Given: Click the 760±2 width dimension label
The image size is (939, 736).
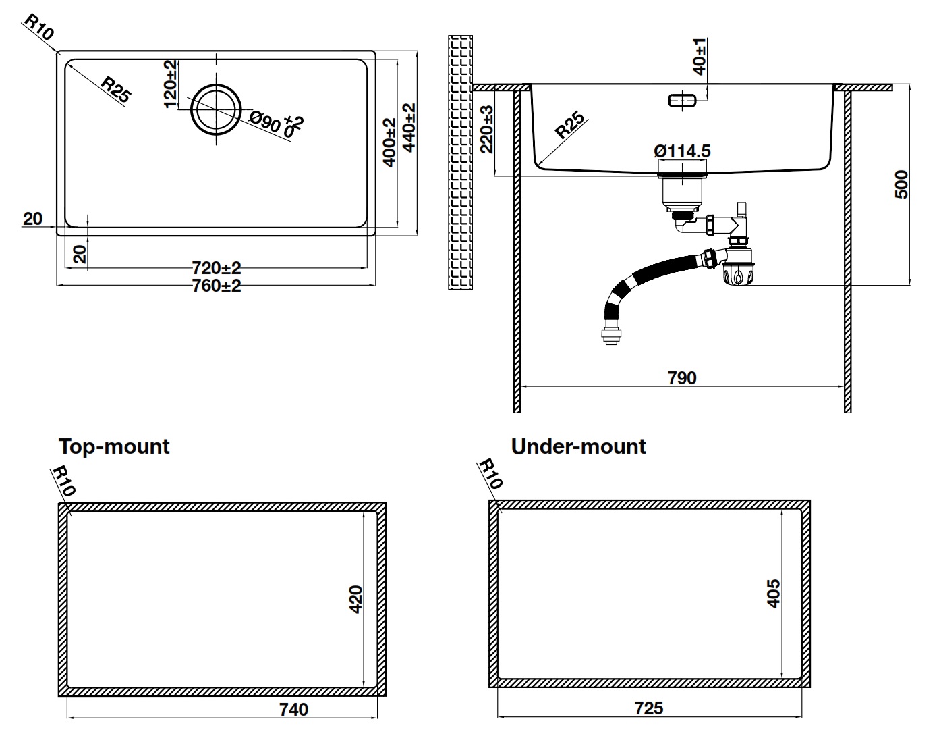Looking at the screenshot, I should (x=216, y=286).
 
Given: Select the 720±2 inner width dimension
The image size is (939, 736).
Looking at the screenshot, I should (x=216, y=268).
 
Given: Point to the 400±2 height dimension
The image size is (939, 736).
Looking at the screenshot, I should (x=389, y=142).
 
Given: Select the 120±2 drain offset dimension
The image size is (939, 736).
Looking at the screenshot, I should (x=170, y=83).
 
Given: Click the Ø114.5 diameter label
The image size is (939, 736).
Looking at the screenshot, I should (x=682, y=151).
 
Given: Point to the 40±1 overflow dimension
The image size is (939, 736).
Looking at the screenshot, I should (x=700, y=56).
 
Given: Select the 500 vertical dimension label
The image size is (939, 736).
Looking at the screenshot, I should (x=901, y=184).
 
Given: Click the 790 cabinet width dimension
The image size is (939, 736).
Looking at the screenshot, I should (x=682, y=377).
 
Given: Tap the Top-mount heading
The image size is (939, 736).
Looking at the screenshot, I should (x=114, y=446).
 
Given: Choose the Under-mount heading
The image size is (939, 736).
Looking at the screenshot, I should (x=578, y=446).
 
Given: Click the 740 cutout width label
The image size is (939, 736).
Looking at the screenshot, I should (x=293, y=709).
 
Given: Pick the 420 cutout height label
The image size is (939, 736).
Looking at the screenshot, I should (x=356, y=598).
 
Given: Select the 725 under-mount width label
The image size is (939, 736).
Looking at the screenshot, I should (x=649, y=708).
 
